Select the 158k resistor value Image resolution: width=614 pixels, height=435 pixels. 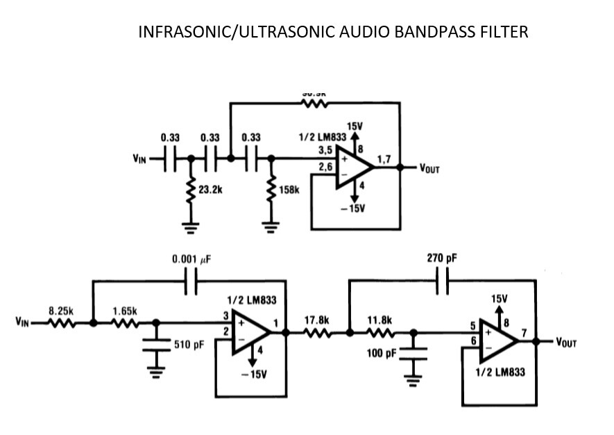[288, 190]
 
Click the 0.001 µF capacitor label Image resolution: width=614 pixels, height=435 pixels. [191, 259]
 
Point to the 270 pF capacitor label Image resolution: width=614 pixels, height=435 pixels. [443, 258]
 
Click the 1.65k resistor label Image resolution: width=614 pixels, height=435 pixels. [126, 312]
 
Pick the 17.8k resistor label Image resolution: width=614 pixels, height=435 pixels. [316, 320]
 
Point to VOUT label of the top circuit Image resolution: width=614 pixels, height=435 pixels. [429, 168]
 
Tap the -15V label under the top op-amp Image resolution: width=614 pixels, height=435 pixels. [354, 208]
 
